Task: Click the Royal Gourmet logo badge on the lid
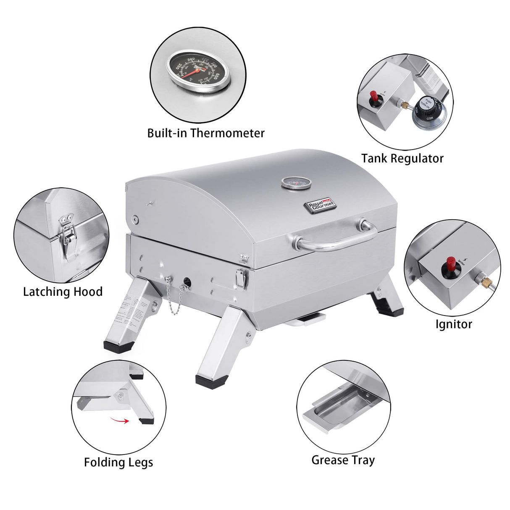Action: click(x=320, y=204)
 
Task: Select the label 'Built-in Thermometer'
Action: click(x=205, y=133)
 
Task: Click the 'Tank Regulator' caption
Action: click(x=402, y=158)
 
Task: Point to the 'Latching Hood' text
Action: click(x=63, y=292)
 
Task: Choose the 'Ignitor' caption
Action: click(x=453, y=324)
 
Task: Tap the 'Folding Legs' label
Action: click(x=118, y=463)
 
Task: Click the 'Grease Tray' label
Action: click(x=343, y=460)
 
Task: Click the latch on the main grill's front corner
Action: click(x=241, y=278)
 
